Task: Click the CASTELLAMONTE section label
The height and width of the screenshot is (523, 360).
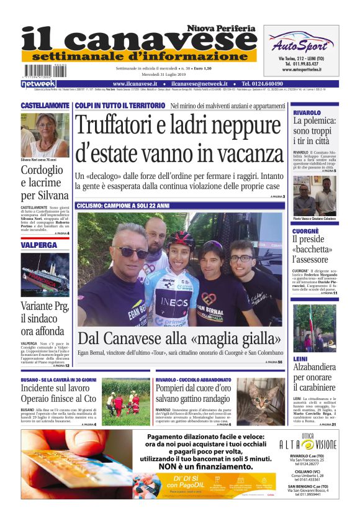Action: [x=45, y=106]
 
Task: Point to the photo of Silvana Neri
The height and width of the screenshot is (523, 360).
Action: [x=45, y=134]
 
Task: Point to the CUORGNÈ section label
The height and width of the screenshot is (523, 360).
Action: [x=306, y=231]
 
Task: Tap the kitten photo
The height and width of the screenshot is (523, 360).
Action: [x=259, y=400]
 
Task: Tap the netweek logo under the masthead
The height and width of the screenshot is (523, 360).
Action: [x=38, y=83]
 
